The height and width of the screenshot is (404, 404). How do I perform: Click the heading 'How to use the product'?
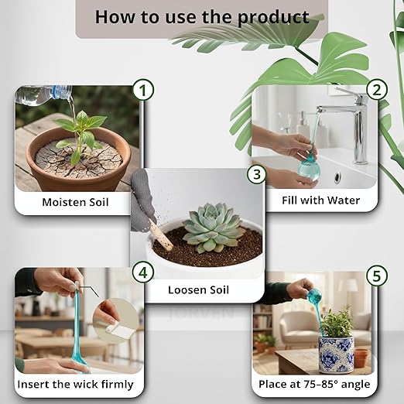[x=201, y=17]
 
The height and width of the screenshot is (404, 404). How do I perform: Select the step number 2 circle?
[x=377, y=90]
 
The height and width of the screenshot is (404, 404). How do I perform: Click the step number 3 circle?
[x=256, y=174]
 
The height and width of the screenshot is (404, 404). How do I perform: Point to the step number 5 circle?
[x=377, y=276]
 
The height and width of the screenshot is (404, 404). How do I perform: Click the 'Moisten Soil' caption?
[x=76, y=204]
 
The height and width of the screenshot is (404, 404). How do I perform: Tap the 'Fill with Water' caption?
[x=320, y=200]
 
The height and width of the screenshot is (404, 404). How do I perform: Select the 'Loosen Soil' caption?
[x=198, y=291]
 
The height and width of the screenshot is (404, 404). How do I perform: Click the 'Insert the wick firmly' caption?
[x=76, y=384]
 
